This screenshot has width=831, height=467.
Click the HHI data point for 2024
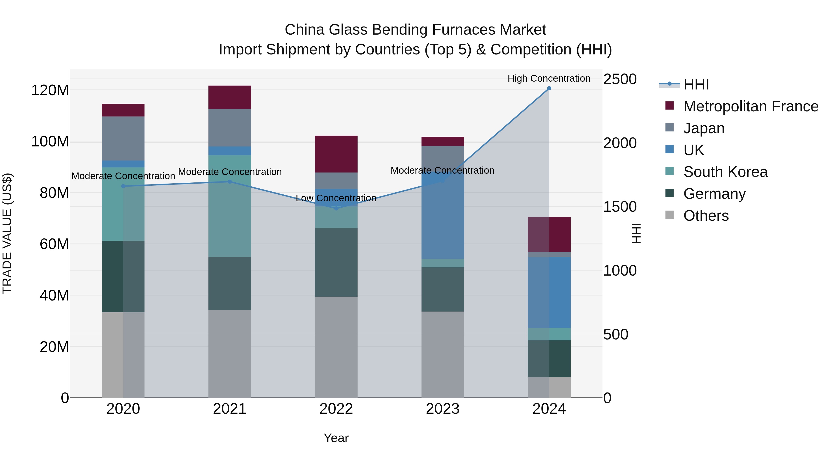tap(549, 88)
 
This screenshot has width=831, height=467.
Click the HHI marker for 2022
tap(336, 208)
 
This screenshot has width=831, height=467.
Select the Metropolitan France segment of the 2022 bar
tap(336, 154)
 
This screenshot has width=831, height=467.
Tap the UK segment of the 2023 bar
tap(443, 216)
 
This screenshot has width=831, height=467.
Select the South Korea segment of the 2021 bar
tap(230, 206)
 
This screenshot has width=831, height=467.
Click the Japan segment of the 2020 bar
tap(123, 139)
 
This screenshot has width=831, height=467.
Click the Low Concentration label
tap(336, 198)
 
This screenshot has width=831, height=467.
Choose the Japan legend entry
tap(704, 128)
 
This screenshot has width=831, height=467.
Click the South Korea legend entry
tap(725, 172)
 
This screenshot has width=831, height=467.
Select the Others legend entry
tap(706, 216)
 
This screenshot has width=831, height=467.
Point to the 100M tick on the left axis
tap(50, 142)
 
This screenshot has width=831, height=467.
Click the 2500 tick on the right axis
tap(620, 79)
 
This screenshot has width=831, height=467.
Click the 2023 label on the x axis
tap(443, 409)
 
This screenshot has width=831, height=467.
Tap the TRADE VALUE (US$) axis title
tap(7, 233)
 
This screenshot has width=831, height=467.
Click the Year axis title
tap(336, 438)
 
